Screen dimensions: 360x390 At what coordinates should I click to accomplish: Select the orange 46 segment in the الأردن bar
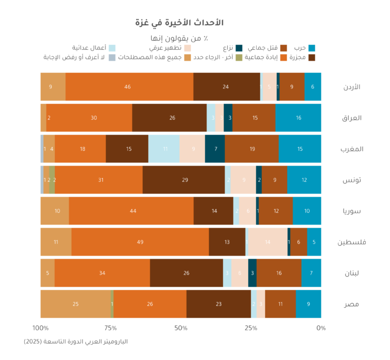tap(128, 86)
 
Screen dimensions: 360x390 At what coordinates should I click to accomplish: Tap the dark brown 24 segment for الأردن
tap(226, 86)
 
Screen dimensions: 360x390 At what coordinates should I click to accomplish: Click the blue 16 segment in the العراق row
tap(298, 118)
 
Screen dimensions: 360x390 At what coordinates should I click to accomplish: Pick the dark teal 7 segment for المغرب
tap(215, 149)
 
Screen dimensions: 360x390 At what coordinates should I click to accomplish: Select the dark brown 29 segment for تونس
tap(184, 180)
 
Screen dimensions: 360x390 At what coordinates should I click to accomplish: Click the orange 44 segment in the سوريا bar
tap(131, 211)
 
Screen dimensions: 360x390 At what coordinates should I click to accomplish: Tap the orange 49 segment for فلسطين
tap(140, 242)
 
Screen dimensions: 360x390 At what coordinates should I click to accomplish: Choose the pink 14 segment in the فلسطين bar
tap(268, 242)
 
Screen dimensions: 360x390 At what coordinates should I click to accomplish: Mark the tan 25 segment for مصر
tap(75, 304)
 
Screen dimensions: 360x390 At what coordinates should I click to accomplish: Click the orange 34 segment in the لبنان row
tap(102, 273)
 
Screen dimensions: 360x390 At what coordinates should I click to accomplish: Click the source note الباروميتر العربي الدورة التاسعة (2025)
tap(76, 342)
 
